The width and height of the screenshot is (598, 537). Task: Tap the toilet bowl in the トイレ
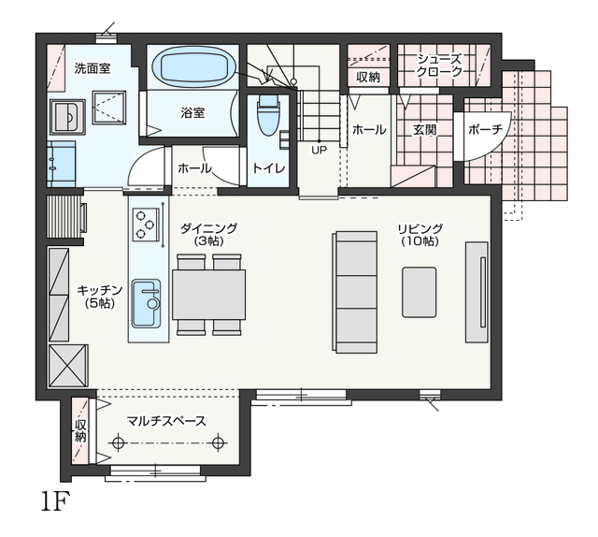(x=268, y=115)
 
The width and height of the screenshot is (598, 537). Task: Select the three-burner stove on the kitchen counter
(x=146, y=225)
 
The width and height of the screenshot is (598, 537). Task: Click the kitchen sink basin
(x=146, y=304)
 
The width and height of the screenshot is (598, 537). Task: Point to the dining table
(x=208, y=294)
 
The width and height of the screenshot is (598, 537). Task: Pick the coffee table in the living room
(x=420, y=292)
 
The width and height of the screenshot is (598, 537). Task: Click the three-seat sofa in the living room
(x=355, y=292)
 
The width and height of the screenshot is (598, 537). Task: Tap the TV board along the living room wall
(x=477, y=292)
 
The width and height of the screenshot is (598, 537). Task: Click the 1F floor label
(x=56, y=501)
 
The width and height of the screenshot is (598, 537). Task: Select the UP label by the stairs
(x=319, y=150)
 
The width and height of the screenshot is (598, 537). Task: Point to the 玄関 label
(x=424, y=130)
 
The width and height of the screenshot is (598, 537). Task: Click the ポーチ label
(x=486, y=130)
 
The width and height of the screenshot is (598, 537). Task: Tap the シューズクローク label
(x=439, y=65)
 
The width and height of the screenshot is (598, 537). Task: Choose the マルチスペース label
(x=166, y=421)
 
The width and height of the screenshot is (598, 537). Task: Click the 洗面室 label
(x=93, y=68)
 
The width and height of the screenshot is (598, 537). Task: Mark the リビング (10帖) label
(x=420, y=235)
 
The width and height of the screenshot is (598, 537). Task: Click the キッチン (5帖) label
(x=100, y=296)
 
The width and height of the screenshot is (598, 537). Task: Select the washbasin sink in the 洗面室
(x=67, y=117)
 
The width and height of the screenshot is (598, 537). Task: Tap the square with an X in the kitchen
(x=68, y=366)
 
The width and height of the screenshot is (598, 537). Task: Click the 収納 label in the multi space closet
(x=80, y=431)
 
